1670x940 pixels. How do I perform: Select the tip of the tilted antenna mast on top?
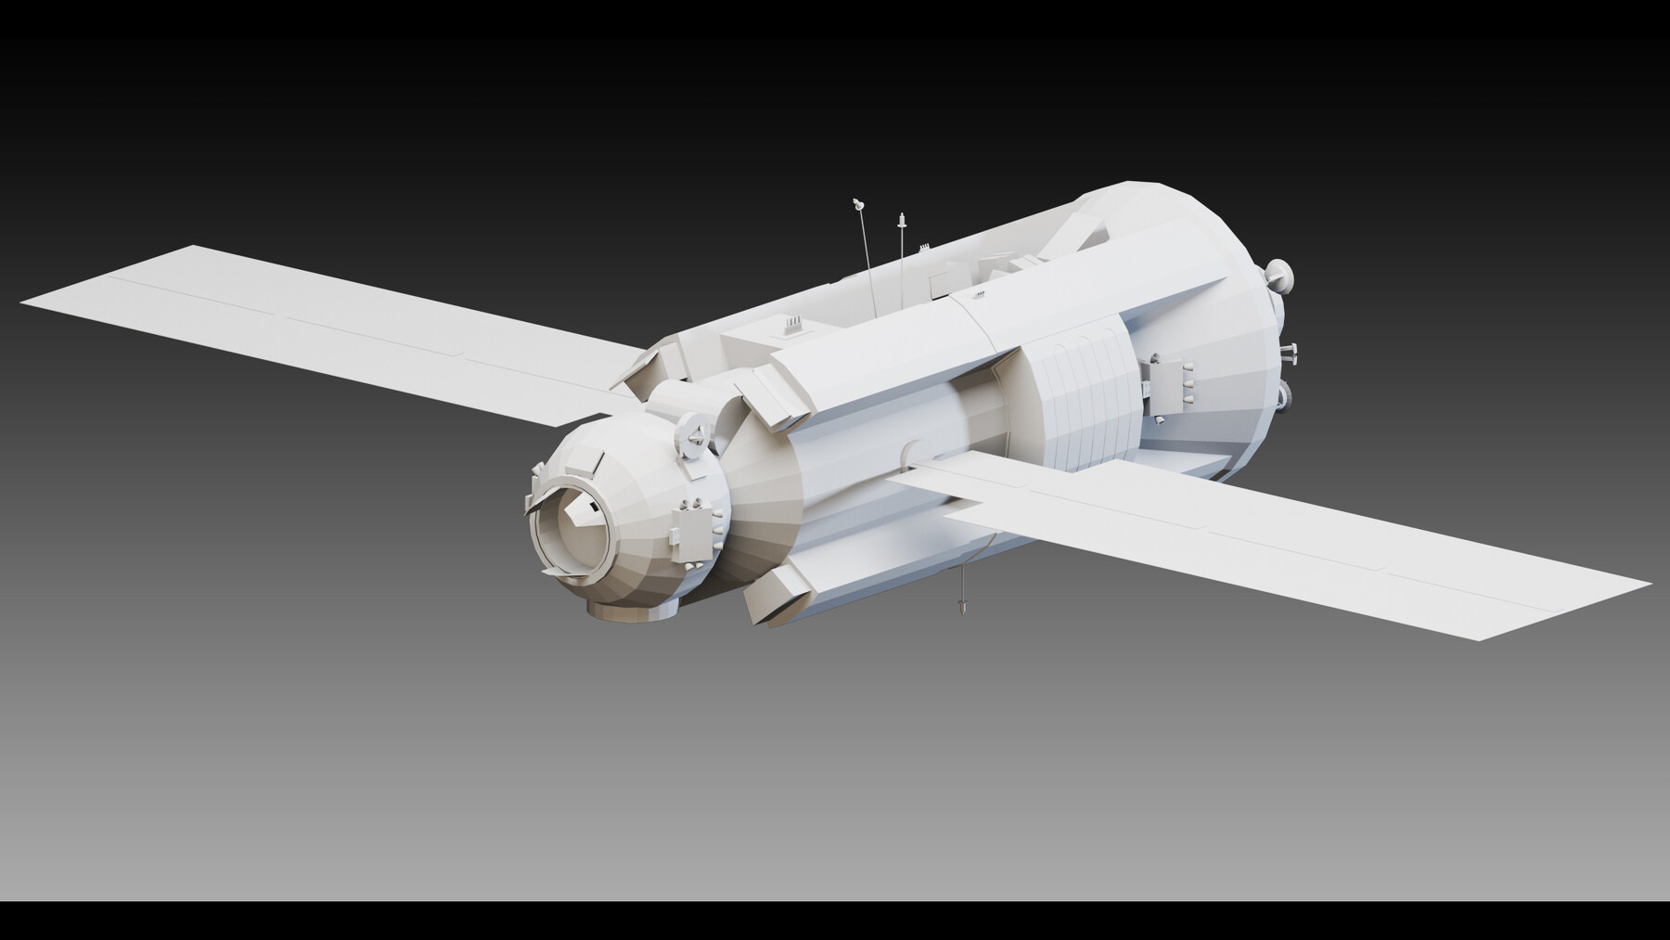(858, 202)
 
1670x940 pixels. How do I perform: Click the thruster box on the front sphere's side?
(691, 524)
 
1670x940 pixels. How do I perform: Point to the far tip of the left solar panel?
(23, 303)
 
